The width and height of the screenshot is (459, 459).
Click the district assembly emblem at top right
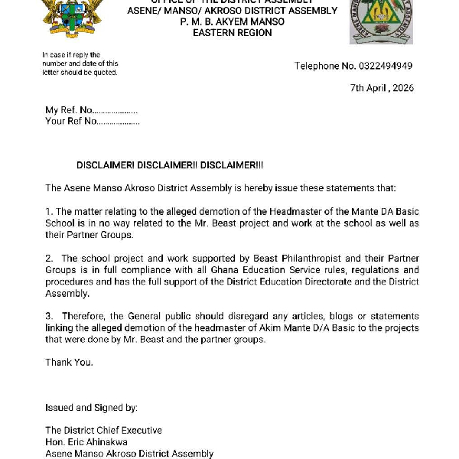[380, 21]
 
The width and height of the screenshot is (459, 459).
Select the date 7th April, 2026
[382, 88]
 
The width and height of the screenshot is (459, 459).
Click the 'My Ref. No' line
[91, 110]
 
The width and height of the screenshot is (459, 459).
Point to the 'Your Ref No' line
[92, 121]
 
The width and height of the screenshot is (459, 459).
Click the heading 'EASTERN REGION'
[233, 33]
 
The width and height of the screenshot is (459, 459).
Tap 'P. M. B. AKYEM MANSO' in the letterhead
[233, 21]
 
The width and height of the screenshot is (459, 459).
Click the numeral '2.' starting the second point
[49, 259]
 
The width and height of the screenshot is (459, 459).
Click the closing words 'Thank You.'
[69, 362]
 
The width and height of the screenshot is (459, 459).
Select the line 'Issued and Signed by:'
[91, 408]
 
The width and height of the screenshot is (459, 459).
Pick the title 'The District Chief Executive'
[103, 431]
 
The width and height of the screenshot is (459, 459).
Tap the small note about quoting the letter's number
[80, 63]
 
